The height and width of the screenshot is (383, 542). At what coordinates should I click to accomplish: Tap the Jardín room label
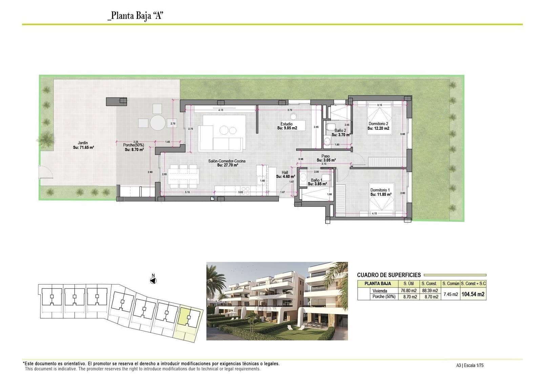83,143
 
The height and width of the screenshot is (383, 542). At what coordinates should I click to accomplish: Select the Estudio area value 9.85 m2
287,128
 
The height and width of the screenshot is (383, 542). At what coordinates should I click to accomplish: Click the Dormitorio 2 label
378,124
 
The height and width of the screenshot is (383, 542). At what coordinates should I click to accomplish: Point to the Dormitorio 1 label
380,190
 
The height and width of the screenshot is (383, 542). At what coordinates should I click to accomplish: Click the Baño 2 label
340,130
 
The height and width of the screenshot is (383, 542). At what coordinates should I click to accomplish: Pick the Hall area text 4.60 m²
285,176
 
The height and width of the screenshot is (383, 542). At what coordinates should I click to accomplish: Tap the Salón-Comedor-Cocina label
227,161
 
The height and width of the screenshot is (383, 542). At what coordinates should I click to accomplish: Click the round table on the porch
158,123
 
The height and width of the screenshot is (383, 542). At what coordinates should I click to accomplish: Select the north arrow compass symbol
153,280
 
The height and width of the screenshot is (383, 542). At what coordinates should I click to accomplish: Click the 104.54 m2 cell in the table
473,294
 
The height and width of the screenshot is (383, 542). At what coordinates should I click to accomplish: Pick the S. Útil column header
408,283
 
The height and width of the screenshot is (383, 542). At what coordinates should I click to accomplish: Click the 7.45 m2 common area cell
451,294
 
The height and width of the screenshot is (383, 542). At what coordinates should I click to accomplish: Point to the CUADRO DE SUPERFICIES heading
389,275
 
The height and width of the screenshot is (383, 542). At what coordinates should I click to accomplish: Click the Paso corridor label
326,156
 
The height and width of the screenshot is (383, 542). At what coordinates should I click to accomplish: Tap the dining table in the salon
183,176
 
